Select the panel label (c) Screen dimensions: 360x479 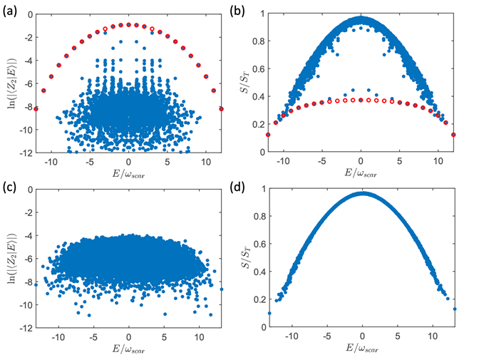9,187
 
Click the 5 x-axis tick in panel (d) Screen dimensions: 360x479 398,339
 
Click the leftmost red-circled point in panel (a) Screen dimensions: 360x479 36,108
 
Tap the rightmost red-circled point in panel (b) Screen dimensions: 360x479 453,134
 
